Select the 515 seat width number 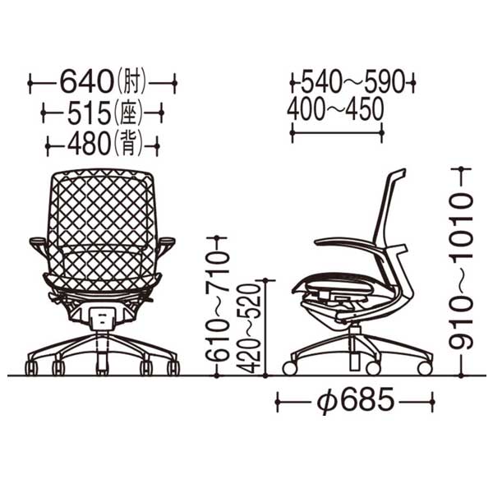tap(90, 113)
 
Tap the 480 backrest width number tap(88, 145)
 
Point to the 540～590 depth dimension tap(352, 83)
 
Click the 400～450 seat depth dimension tap(335, 108)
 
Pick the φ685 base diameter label tap(355, 402)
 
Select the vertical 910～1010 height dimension tap(461, 271)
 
